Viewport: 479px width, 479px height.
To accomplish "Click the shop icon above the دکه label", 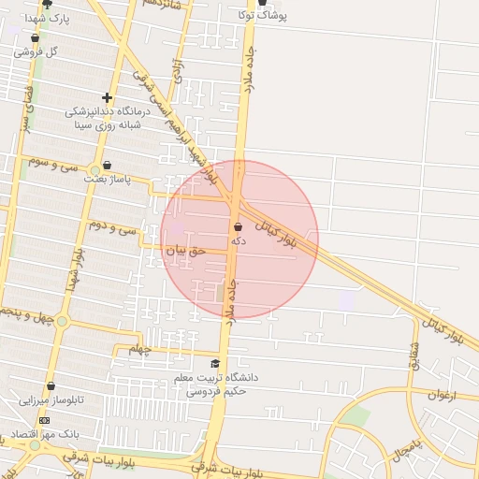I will [x=238, y=226].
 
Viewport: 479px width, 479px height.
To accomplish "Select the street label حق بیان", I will [x=183, y=251].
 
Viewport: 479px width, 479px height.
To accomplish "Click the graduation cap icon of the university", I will [x=215, y=364].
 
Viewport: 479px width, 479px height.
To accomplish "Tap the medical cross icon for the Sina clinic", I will [x=108, y=97].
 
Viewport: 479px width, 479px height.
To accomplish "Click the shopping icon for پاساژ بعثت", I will [x=107, y=165].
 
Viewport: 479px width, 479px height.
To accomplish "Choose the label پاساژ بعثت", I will [x=104, y=178].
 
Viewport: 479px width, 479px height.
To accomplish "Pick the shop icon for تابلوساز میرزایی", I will [x=51, y=385].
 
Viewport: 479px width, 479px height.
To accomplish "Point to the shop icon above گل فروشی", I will [x=36, y=38].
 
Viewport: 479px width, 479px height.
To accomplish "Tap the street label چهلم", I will [x=139, y=349].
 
